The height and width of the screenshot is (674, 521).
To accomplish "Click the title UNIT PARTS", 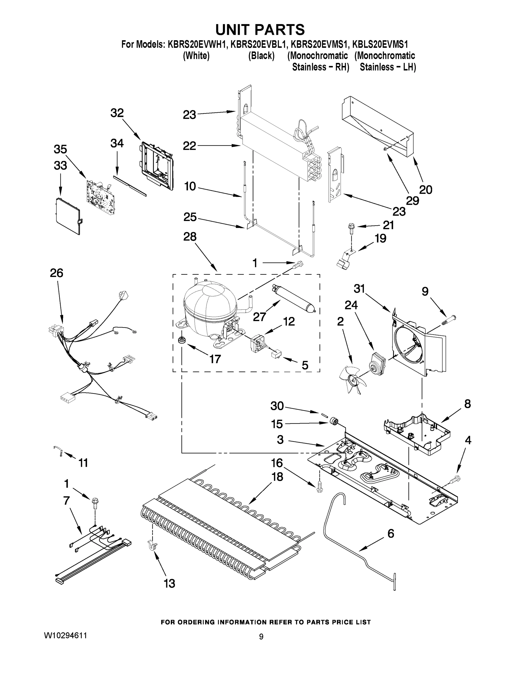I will (x=260, y=30).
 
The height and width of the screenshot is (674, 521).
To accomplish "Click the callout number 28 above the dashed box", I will (x=190, y=237).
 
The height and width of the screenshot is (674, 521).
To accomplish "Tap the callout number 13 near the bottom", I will (x=169, y=583).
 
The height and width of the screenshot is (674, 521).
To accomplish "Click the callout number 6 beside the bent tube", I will (x=391, y=533).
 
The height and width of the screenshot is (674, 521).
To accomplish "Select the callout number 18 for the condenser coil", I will (x=277, y=477).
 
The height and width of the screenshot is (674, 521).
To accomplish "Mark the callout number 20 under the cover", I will (x=426, y=190).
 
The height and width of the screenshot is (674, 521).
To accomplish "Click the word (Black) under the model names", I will (x=261, y=56).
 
